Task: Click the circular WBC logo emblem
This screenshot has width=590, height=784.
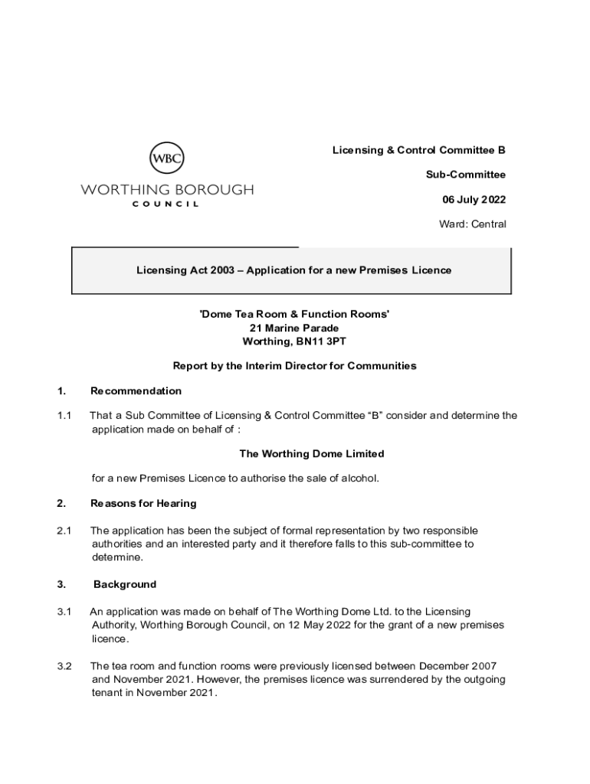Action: coord(166,159)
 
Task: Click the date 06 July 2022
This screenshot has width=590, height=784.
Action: coord(474,200)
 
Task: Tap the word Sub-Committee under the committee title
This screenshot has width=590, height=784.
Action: coord(466,175)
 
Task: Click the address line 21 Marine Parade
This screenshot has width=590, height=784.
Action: coord(294,328)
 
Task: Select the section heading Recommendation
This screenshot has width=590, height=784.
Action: coord(136,391)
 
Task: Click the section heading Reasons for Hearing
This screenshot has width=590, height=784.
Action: coord(143,503)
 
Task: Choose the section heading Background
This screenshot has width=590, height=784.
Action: coord(125,584)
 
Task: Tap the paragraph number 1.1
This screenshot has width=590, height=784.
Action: coord(64,416)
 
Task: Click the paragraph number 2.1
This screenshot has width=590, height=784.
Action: coord(64,531)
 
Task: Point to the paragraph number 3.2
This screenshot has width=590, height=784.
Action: coord(64,666)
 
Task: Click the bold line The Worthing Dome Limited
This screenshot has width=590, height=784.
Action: coord(312,454)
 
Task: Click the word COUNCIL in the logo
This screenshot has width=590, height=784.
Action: coord(166,204)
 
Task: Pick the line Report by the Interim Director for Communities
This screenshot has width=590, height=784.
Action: coord(294,366)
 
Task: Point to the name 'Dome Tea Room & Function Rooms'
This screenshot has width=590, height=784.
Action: coord(294,315)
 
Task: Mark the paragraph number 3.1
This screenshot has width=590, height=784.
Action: coord(64,612)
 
